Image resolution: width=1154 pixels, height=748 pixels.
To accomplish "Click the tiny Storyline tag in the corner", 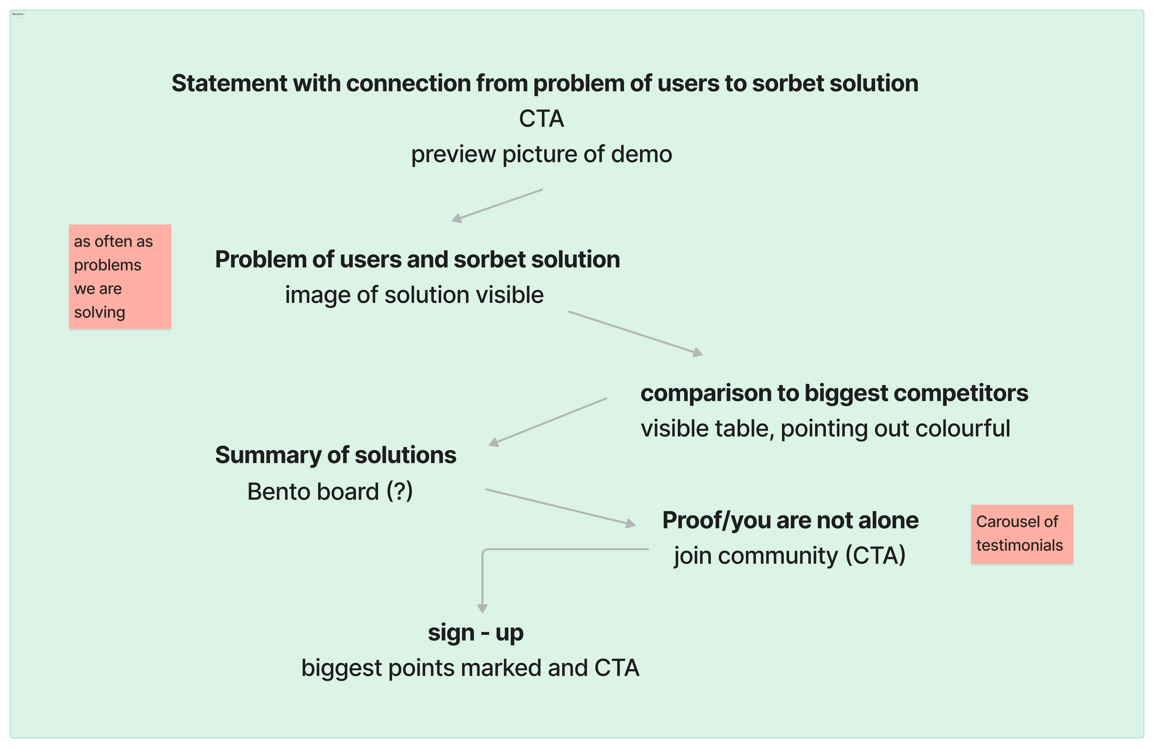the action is tap(17, 14).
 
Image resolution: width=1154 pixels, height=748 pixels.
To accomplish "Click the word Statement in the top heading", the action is tap(229, 83).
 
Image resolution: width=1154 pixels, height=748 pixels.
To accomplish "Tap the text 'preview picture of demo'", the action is tap(542, 155).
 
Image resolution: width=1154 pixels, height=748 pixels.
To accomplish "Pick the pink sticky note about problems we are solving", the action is tap(120, 276).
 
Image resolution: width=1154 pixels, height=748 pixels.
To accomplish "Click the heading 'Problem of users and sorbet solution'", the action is tap(417, 259).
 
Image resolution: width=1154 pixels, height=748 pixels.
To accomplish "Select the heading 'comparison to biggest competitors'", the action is tap(834, 393).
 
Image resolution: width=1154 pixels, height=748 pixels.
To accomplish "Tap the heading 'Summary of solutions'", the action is tap(336, 455).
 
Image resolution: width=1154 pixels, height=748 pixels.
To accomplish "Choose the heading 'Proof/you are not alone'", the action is tap(790, 521).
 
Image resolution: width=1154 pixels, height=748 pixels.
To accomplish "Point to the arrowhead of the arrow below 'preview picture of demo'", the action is tap(456, 219).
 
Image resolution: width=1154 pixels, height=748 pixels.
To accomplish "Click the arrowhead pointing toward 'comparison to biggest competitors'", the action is tap(698, 352).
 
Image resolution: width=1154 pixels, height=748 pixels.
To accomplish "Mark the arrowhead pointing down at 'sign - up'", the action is tap(482, 609).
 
